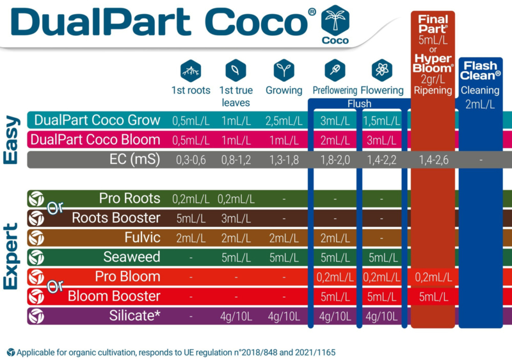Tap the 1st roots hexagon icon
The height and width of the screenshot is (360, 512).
[x=191, y=70]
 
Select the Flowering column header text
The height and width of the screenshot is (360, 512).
[x=382, y=90]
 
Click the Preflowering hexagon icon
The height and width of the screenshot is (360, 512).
[x=335, y=70]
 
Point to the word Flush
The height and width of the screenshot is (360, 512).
[x=359, y=104]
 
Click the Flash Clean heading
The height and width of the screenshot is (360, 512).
[x=480, y=70]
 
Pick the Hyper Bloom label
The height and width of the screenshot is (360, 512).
[x=433, y=63]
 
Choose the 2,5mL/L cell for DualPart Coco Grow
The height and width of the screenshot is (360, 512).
[x=284, y=121]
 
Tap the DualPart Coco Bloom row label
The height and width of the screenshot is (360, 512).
[x=95, y=140]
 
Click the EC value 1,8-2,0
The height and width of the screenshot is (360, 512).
[x=335, y=160]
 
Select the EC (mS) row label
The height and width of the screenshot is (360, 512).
[x=134, y=160]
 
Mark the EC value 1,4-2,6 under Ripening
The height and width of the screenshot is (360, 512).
[x=434, y=160]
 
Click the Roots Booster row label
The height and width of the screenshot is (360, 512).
[x=116, y=218]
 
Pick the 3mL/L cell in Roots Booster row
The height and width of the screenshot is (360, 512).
[x=236, y=218]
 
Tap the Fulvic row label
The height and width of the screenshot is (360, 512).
[x=142, y=238]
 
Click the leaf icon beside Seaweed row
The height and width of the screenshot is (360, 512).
[x=36, y=257]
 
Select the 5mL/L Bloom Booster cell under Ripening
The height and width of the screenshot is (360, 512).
[x=434, y=297]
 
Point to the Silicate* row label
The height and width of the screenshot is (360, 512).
[x=134, y=316]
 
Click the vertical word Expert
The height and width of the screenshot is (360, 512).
[x=10, y=256]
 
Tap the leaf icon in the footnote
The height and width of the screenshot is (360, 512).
[x=11, y=352]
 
